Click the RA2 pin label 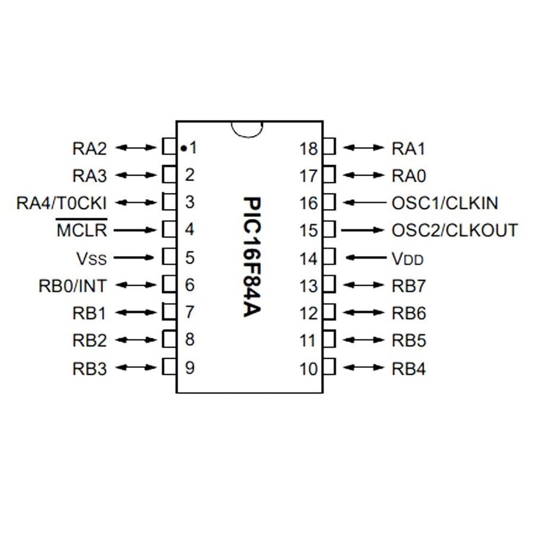(89, 147)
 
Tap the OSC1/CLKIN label (445, 203)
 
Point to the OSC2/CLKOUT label (455, 230)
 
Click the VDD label (408, 259)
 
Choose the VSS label (91, 259)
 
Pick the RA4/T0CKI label (62, 203)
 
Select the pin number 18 (309, 148)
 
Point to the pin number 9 (190, 368)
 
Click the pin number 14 (309, 259)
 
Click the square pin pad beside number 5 (169, 257)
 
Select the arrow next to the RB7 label (364, 286)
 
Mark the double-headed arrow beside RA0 (364, 175)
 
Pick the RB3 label (89, 369)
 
